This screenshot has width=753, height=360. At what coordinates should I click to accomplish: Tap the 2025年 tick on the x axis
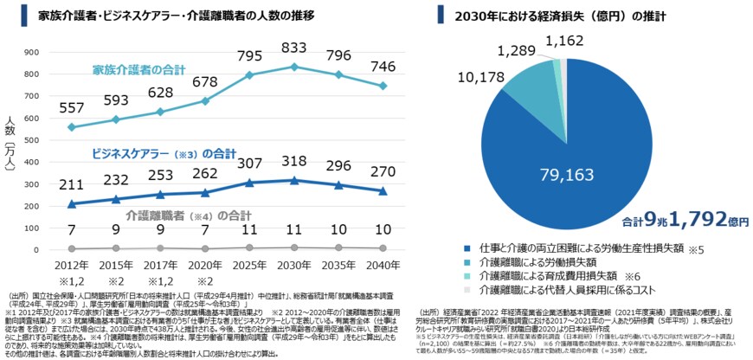(x=249, y=264)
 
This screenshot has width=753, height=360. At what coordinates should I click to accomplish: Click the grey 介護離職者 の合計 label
(x=176, y=214)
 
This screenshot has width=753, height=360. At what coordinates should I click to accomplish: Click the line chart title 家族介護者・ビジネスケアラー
(x=164, y=16)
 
